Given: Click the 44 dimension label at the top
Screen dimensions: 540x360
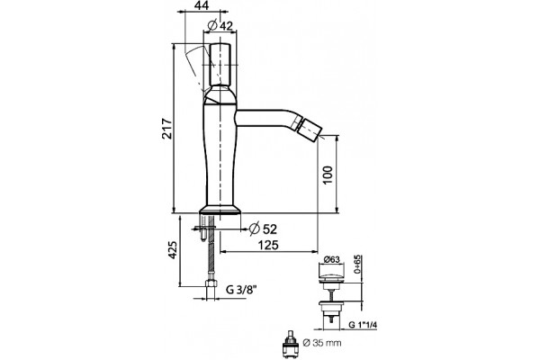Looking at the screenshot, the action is tap(203, 5).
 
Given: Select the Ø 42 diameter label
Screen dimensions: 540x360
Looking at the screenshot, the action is tap(220, 25).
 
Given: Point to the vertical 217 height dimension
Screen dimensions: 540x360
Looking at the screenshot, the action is tap(166, 129).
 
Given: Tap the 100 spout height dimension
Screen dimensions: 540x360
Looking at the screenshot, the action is tap(328, 175).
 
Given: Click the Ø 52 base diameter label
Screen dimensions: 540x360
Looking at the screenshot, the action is tap(263, 229).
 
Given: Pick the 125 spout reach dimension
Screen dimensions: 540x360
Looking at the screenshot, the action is tap(268, 245).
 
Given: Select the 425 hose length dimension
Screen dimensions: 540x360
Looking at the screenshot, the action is tap(172, 250).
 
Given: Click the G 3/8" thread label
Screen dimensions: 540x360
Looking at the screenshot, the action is tap(241, 290).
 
